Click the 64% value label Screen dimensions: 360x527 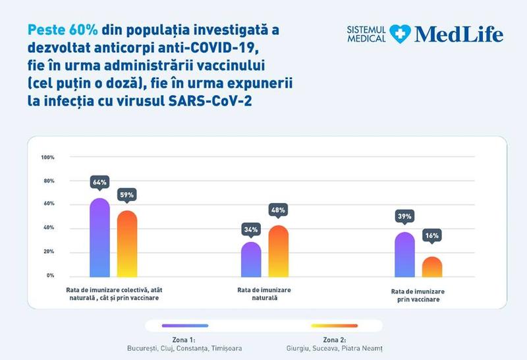pos(99,182)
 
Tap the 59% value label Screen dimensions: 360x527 pos(126,195)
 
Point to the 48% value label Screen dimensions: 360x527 pos(278,210)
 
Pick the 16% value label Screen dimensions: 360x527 pos(431,235)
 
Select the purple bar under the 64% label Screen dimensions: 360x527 pos(99,237)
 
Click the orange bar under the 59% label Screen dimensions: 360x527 pos(126,244)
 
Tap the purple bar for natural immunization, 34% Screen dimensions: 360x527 pos(251,259)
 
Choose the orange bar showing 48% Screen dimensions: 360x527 pos(278,251)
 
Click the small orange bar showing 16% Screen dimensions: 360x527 pos(431,267)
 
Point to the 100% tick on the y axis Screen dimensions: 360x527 pos(47,158)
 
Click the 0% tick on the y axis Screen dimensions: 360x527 pos(50,276)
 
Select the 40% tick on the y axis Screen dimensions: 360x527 pos(48,228)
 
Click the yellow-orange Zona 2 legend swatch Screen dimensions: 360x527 pos(335,325)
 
